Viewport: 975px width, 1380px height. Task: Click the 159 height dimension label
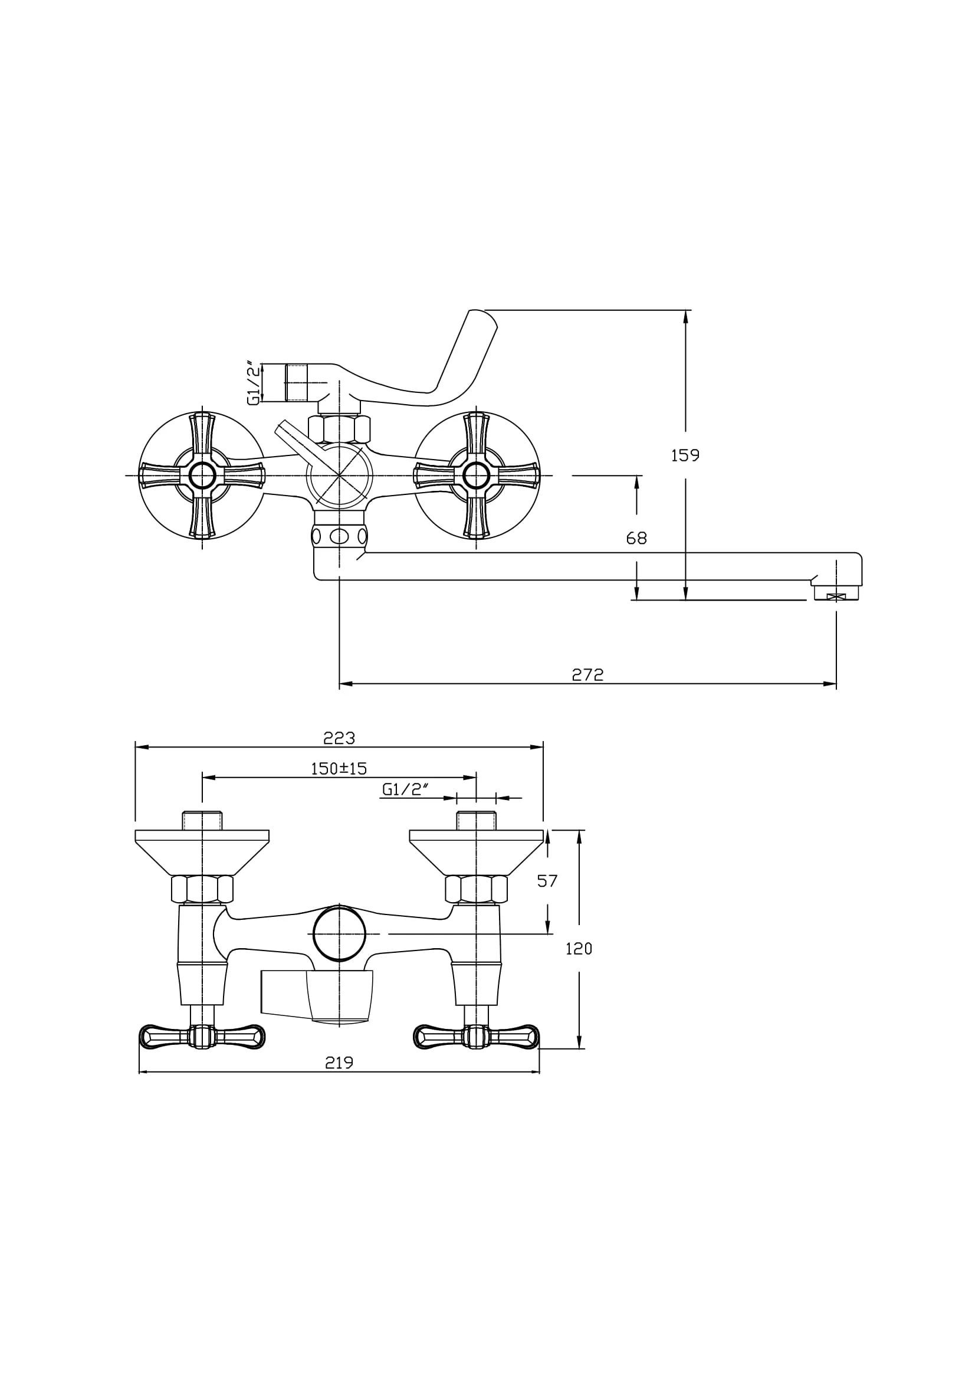[685, 455]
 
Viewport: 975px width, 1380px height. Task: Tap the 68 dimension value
[636, 538]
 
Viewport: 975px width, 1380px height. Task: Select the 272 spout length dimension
[587, 674]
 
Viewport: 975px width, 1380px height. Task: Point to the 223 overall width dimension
[339, 738]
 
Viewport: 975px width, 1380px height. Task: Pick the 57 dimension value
[547, 880]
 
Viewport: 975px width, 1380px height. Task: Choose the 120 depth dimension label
[579, 949]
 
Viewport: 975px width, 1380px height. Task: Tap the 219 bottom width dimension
[339, 1063]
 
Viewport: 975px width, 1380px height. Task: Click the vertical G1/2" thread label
[255, 383]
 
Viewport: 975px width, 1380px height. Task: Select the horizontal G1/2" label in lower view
[405, 789]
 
